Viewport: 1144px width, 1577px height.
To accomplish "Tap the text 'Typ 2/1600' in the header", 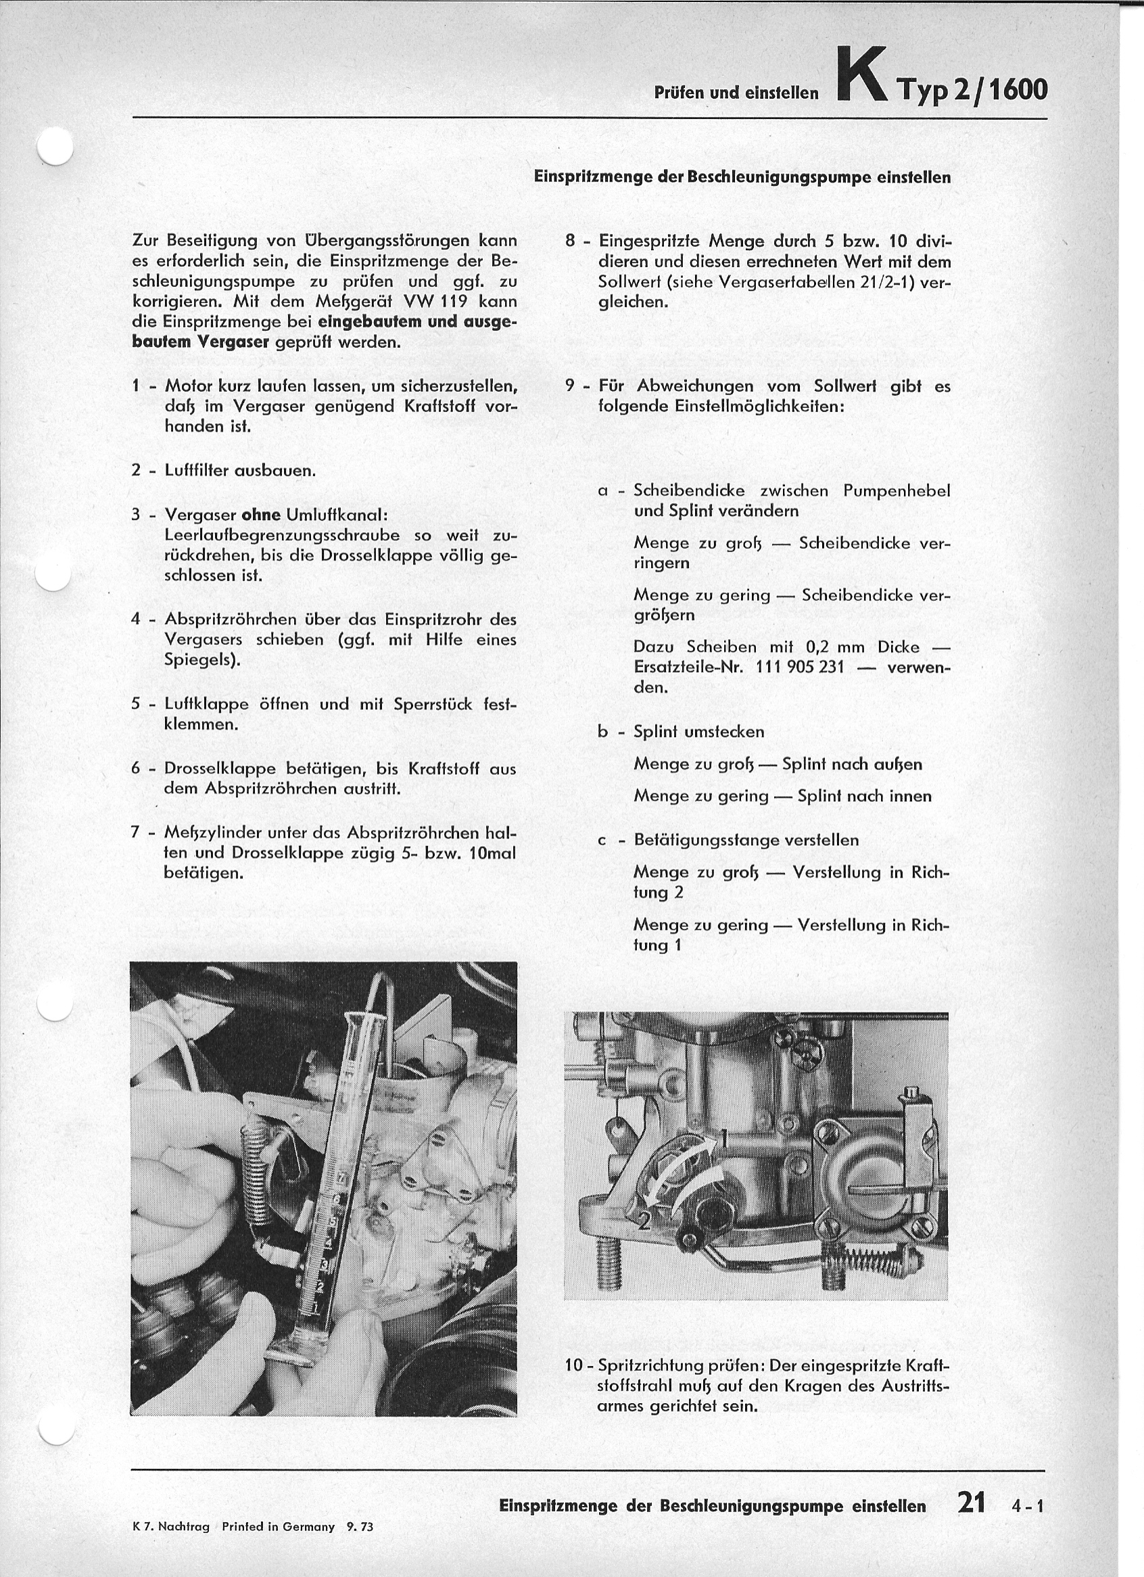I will point(972,90).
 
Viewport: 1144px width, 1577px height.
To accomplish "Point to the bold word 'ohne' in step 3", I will point(260,515).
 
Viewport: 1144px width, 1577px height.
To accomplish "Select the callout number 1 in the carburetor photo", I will point(723,1139).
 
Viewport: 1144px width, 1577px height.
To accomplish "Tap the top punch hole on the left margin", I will point(55,147).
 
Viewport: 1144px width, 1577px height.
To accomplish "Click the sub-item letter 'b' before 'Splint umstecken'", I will point(603,732).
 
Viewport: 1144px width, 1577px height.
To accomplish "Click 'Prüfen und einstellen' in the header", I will point(737,93).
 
